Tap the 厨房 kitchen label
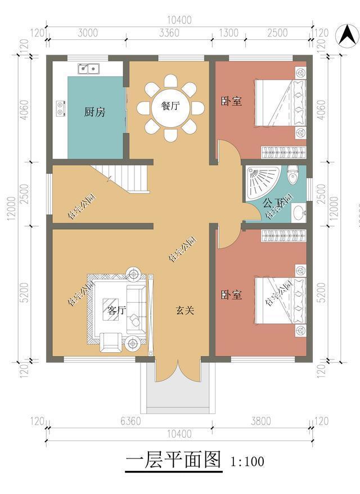click(94, 112)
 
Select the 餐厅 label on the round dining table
click(170, 106)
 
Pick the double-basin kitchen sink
click(88, 69)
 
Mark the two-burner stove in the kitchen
click(60, 107)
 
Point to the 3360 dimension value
click(169, 33)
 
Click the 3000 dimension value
click(87, 33)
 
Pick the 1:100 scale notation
click(247, 462)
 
